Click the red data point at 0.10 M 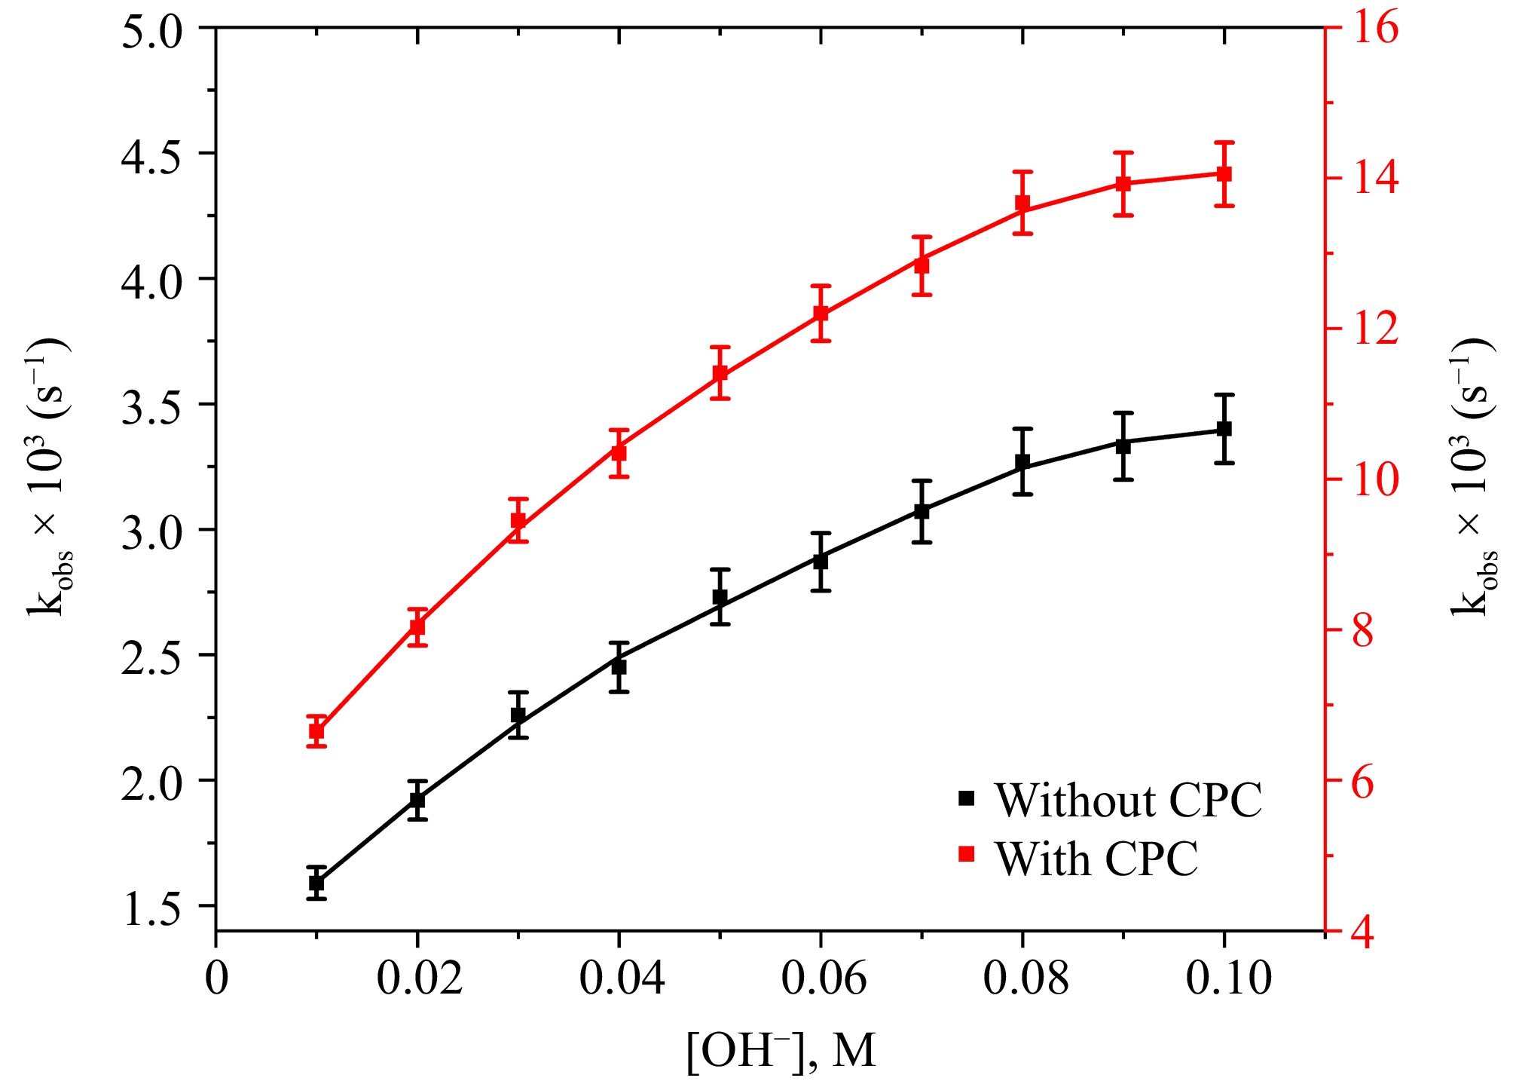click(1224, 174)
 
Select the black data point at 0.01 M click(316, 883)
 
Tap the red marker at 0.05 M click(720, 373)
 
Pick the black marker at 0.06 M click(821, 561)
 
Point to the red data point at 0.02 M click(417, 626)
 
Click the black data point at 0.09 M click(1123, 446)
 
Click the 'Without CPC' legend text click(1128, 801)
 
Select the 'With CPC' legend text click(1096, 859)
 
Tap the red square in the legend click(966, 854)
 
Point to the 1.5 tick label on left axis click(152, 907)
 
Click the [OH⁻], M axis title click(781, 1050)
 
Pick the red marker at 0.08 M click(1022, 204)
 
